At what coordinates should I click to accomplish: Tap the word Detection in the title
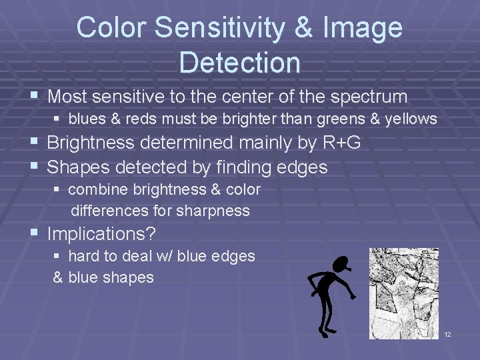240,62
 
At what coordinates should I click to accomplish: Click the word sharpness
213,211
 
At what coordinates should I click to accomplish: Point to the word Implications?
100,233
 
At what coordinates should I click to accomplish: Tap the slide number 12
447,334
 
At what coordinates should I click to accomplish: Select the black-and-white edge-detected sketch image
404,293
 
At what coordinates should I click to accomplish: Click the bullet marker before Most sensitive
35,97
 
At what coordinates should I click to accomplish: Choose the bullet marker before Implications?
35,233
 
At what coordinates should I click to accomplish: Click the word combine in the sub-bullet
98,189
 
